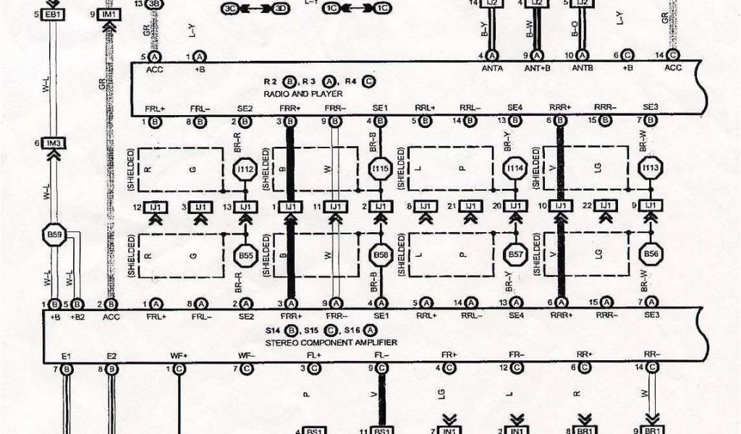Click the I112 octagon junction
click(245, 170)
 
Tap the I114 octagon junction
click(515, 169)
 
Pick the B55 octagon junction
click(245, 255)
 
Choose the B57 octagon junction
click(515, 255)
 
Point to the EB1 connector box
click(53, 14)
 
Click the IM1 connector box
click(109, 14)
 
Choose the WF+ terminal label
click(178, 356)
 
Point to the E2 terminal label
click(111, 356)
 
